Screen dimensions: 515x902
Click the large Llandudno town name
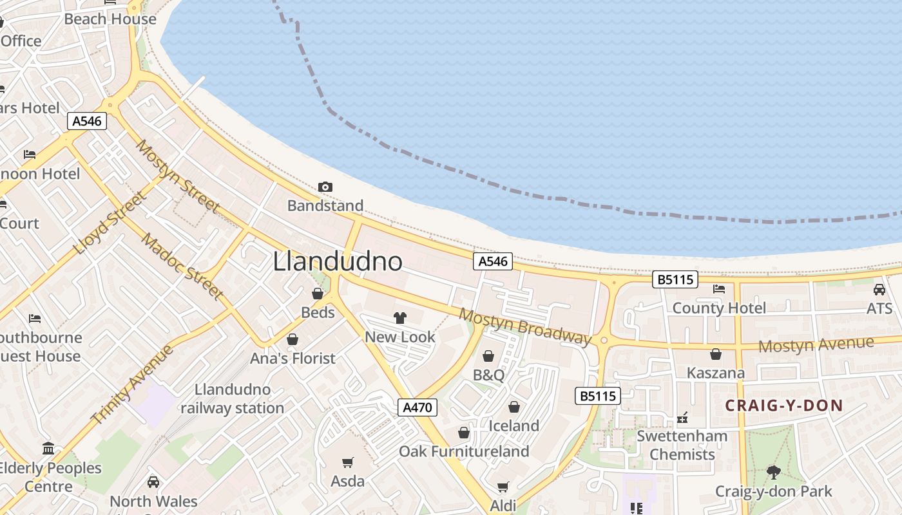pyautogui.click(x=338, y=261)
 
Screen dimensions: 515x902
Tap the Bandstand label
pyautogui.click(x=325, y=206)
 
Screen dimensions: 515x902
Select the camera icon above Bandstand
pyautogui.click(x=325, y=187)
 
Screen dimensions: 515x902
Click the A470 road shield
pyautogui.click(x=417, y=407)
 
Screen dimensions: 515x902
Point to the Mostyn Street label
pyautogui.click(x=177, y=176)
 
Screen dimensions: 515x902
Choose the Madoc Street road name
pyautogui.click(x=182, y=266)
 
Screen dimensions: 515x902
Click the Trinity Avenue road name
pyautogui.click(x=132, y=384)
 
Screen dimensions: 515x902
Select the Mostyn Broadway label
pyautogui.click(x=524, y=326)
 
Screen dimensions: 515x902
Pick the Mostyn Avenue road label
pyautogui.click(x=816, y=345)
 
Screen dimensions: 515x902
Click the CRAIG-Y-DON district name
pyautogui.click(x=784, y=406)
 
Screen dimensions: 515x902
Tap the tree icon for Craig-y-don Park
pyautogui.click(x=774, y=473)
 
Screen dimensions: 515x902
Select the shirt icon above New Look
pyautogui.click(x=400, y=317)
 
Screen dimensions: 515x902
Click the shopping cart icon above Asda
pyautogui.click(x=348, y=462)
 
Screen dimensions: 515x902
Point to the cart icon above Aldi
pyautogui.click(x=503, y=487)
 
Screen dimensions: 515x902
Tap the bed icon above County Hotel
pyautogui.click(x=719, y=289)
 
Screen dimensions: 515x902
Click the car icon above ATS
pyautogui.click(x=879, y=290)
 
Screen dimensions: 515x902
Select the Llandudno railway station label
pyautogui.click(x=232, y=398)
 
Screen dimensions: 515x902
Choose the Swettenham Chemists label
pyautogui.click(x=682, y=445)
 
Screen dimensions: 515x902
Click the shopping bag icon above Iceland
pyautogui.click(x=514, y=407)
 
